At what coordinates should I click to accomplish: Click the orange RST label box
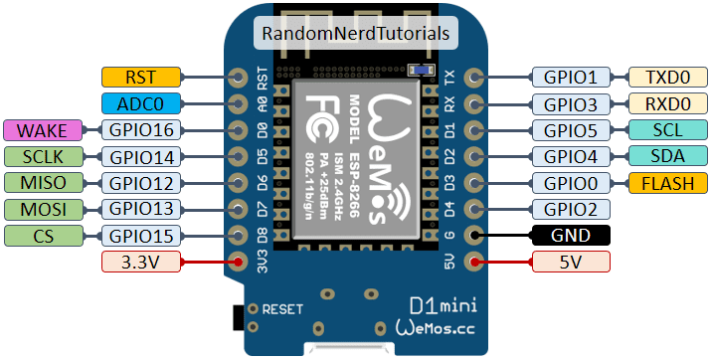[x=140, y=77]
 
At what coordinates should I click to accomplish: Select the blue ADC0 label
[x=140, y=102]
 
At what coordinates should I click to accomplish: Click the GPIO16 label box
[x=140, y=129]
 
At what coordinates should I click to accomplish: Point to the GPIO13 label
[x=140, y=209]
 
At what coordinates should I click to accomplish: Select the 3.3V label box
[x=140, y=262]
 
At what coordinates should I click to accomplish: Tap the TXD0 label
[x=667, y=77]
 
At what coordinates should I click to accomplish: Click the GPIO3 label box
[x=571, y=102]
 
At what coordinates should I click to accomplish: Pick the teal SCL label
[x=667, y=129]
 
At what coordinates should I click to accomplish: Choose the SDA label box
[x=667, y=156]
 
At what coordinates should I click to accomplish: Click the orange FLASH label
[x=667, y=182]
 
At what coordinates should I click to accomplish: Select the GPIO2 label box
[x=571, y=209]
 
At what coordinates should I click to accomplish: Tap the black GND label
[x=571, y=236]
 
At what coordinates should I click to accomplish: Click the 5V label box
[x=571, y=262]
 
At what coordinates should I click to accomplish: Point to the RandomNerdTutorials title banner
[x=356, y=33]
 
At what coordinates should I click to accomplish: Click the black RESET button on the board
[x=237, y=316]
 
